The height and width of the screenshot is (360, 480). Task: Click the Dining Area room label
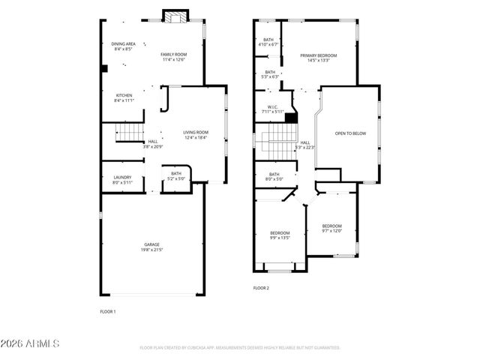(123, 47)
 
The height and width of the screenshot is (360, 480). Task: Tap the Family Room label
(172, 57)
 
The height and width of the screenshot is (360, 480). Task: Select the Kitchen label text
(124, 97)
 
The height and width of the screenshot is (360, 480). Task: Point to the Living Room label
(195, 135)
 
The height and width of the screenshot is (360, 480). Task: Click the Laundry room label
(122, 180)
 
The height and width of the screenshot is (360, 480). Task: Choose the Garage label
(152, 247)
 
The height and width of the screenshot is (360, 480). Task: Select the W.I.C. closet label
(273, 109)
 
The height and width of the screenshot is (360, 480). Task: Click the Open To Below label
(350, 133)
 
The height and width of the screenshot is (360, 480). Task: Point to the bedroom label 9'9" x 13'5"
(280, 235)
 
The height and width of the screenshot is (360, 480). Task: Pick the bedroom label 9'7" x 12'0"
(331, 229)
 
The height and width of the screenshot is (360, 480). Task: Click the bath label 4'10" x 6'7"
(268, 42)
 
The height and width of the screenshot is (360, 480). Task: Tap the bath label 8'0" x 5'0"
(274, 177)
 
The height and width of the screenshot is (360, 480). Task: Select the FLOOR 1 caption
(108, 310)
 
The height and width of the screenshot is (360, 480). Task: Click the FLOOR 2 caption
(261, 287)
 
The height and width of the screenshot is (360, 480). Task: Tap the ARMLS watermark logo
(30, 344)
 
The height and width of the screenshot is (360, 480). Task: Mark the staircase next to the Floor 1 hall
(129, 133)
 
